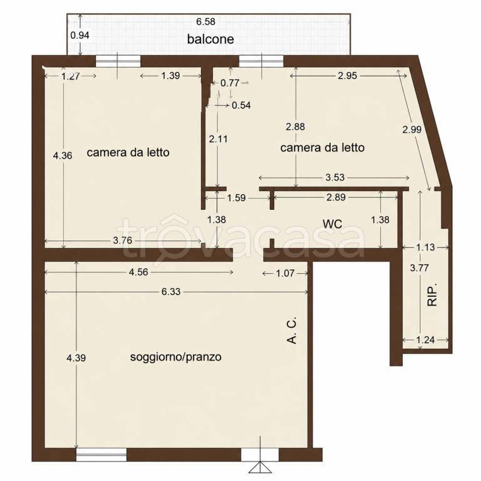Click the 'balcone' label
pos(210,39)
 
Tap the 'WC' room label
pos(333,224)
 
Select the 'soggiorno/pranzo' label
pos(176,357)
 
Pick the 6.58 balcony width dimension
pos(205,22)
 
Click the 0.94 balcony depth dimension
pos(80,35)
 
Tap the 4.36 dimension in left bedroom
pos(63,155)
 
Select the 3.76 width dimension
pos(122,240)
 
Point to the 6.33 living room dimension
pos(171,292)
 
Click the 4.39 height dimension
pos(76,358)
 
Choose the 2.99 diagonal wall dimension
pos(412,130)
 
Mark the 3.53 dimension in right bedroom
pos(335,177)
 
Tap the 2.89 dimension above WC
pos(336,197)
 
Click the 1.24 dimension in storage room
pos(425,340)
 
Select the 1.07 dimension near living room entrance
pos(286,273)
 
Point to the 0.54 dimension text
pos(241,105)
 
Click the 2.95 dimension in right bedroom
pos(348,76)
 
